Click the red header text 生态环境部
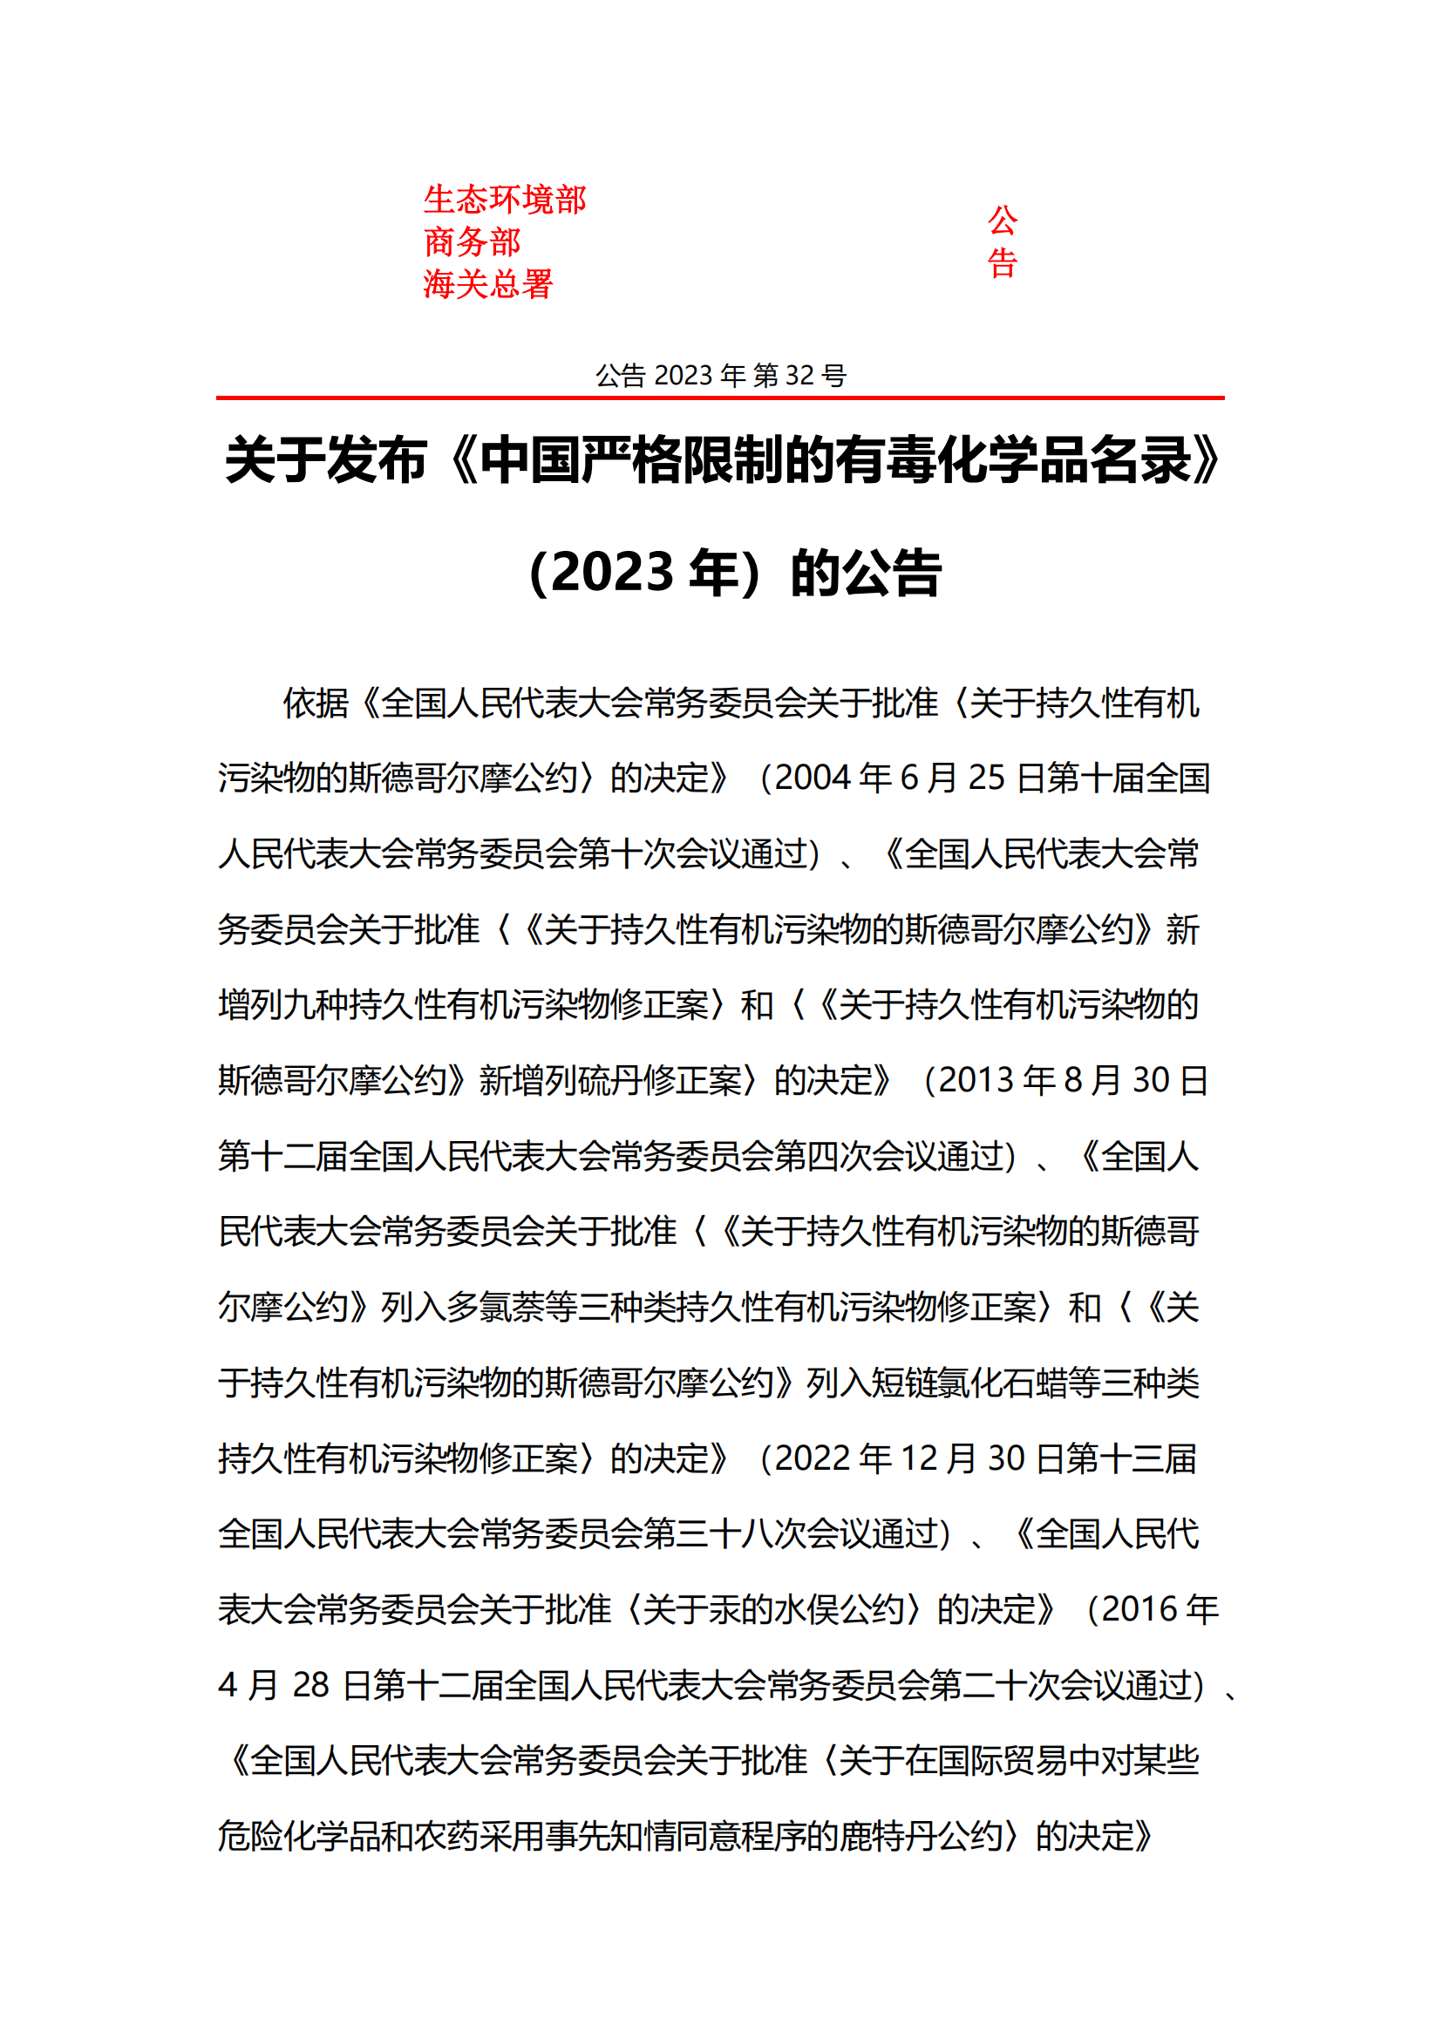pos(503,200)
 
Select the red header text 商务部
pos(472,241)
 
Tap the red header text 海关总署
pos(487,284)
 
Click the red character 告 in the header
pos(1002,263)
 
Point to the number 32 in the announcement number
pos(799,376)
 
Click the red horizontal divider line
pos(720,398)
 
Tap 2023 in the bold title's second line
pos(613,573)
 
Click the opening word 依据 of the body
pos(316,703)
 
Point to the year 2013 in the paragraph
pos(976,1081)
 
